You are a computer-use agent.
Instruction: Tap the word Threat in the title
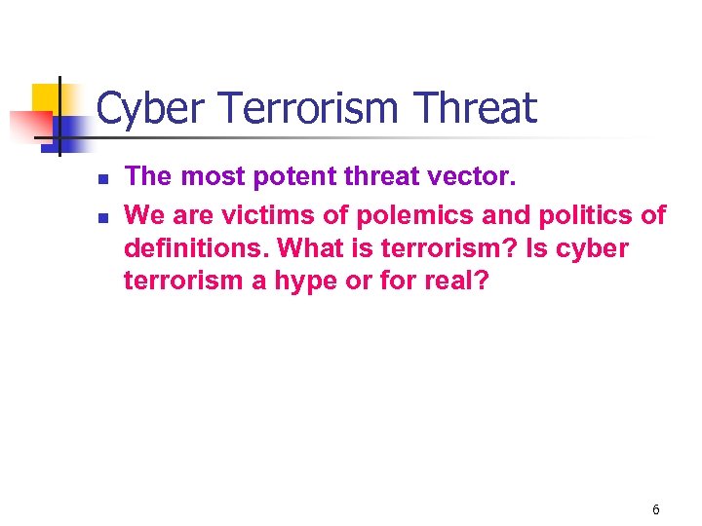click(476, 108)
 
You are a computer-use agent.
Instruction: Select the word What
click(310, 247)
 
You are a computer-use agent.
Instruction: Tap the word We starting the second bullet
click(146, 213)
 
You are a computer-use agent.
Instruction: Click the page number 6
click(655, 509)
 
